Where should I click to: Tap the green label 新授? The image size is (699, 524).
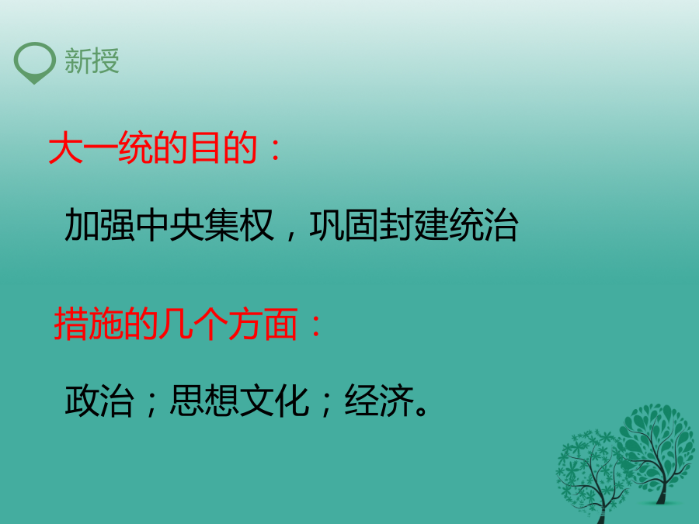coord(92,61)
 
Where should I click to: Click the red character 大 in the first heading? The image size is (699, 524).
coord(65,147)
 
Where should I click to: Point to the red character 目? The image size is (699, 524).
coord(205,147)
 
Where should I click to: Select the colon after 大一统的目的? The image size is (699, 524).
coord(276,150)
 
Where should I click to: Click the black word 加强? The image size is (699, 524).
coord(99,224)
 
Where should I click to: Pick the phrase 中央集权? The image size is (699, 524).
coord(204,224)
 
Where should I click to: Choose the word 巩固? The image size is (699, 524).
coord(344,224)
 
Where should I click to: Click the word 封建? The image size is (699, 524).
coord(414,224)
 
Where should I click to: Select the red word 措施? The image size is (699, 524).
coord(89,324)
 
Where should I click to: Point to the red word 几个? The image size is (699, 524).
coord(193,324)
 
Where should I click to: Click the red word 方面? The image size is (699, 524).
coord(263,324)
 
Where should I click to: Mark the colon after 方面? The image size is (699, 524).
coord(315,326)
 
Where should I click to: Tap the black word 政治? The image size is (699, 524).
coord(99,401)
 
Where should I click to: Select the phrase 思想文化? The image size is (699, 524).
coord(240,401)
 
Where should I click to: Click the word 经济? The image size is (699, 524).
coord(379,401)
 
